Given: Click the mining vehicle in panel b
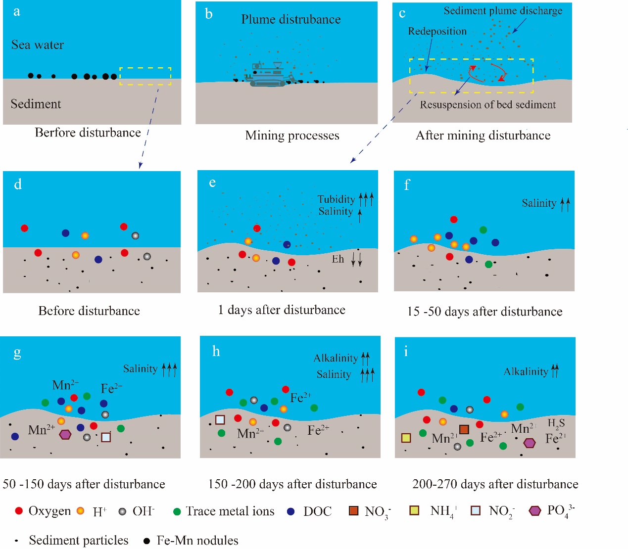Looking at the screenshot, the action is click(270, 75).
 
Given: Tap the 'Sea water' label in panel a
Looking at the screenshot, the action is click(38, 45).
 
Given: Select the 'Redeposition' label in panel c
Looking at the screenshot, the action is click(437, 31).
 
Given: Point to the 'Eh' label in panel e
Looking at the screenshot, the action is click(338, 259).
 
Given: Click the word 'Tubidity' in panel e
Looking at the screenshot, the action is click(336, 199).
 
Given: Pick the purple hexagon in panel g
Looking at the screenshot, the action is click(65, 435).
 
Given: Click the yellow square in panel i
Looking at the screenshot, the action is click(406, 438).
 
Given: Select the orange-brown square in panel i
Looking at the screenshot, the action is click(464, 429).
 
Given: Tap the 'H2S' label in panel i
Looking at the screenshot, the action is click(556, 423).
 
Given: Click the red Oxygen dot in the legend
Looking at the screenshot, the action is click(19, 510).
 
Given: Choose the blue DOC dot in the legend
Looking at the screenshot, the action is click(290, 511).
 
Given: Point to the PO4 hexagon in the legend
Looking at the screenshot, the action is click(535, 510).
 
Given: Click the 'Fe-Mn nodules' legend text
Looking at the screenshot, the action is click(197, 541).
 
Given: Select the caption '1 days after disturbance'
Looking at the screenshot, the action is click(282, 310).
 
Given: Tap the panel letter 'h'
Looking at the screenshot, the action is click(216, 352).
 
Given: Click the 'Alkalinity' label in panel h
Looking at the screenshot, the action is click(336, 358).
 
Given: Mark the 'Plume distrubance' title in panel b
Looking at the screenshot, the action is click(290, 19).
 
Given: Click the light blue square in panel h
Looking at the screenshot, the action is click(220, 419).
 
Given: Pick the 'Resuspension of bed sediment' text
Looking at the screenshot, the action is click(488, 105).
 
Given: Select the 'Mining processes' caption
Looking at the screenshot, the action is click(292, 136).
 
